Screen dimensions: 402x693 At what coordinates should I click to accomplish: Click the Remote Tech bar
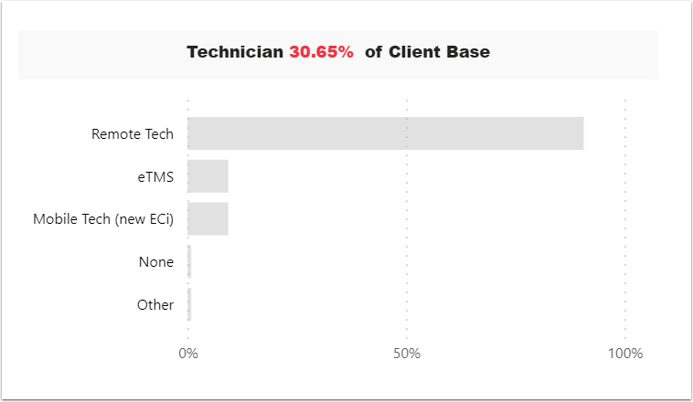(x=385, y=133)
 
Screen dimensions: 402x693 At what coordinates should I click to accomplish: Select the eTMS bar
(x=208, y=176)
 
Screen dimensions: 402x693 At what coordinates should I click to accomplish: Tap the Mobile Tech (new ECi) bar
(x=208, y=219)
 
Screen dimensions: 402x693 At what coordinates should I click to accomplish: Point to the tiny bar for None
(x=189, y=261)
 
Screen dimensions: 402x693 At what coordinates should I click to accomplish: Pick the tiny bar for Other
(x=189, y=304)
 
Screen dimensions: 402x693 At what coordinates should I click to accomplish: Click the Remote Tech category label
(x=133, y=134)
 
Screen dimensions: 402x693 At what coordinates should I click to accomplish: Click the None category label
(x=156, y=262)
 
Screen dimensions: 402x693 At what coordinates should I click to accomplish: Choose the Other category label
(x=155, y=305)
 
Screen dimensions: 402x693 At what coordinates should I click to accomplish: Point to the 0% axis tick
(x=187, y=354)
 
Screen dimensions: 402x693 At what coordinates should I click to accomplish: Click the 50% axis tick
(x=406, y=354)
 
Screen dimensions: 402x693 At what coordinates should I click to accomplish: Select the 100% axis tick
(x=624, y=354)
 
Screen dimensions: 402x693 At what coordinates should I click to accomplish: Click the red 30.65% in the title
(x=321, y=52)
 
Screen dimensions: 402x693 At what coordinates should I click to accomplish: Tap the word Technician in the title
(x=235, y=52)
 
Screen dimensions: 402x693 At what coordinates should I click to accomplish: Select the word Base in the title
(x=470, y=52)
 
